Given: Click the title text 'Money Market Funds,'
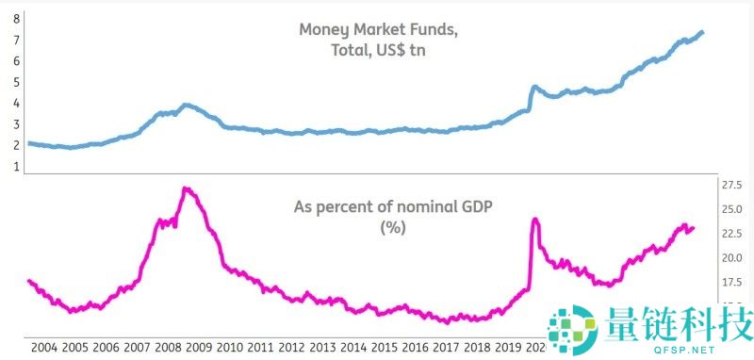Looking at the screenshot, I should (x=379, y=29).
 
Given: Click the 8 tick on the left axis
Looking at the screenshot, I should (x=17, y=18).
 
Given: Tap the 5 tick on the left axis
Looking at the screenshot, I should (x=17, y=82).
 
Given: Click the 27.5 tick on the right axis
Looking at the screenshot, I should (x=733, y=185).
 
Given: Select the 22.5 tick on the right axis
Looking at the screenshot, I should (x=733, y=234).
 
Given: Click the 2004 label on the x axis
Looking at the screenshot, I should (x=44, y=347).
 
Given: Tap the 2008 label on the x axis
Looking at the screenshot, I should (x=169, y=347).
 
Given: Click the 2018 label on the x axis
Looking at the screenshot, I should (x=480, y=347).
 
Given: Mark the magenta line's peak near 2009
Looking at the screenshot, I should (x=186, y=188).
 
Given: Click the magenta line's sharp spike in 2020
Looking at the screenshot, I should (x=535, y=220).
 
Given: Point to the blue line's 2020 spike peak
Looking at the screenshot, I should (x=534, y=87).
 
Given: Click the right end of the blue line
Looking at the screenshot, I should (x=703, y=33).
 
